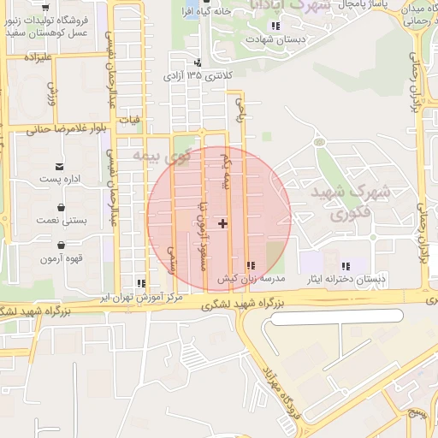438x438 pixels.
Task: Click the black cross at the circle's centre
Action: [x=223, y=223]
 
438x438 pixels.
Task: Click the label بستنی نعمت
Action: [x=62, y=220]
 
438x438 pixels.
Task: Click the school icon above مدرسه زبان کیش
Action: [x=250, y=266]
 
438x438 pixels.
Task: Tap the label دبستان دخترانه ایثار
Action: [x=347, y=279]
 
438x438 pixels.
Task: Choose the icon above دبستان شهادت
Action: [x=275, y=26]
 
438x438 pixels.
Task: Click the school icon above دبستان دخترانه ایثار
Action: [x=346, y=266]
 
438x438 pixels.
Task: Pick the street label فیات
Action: [x=131, y=120]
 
